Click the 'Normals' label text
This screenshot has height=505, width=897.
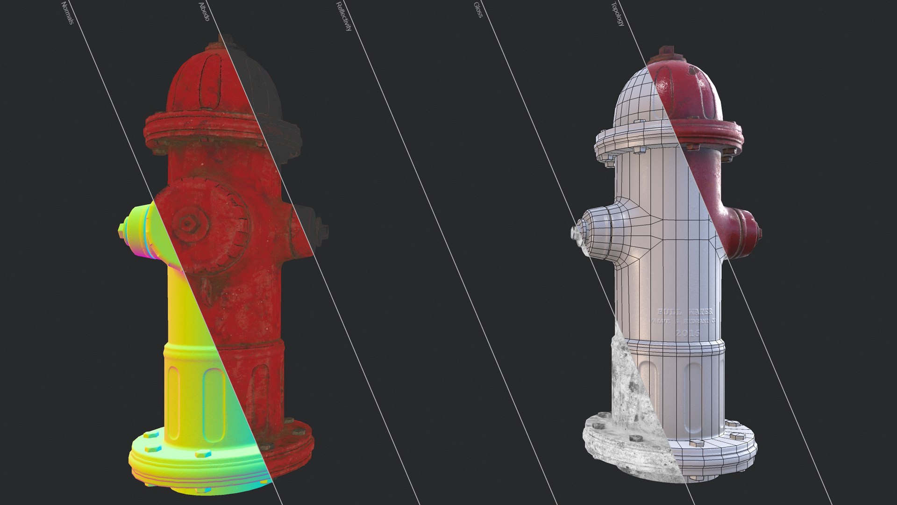pos(67,13)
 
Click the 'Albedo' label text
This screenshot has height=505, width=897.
pos(204,12)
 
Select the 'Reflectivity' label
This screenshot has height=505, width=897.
pos(343,17)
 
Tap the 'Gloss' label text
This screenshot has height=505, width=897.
pos(478,10)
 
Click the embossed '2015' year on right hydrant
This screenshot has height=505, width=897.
pos(688,333)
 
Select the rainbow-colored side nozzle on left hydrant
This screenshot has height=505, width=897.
pos(140,231)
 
